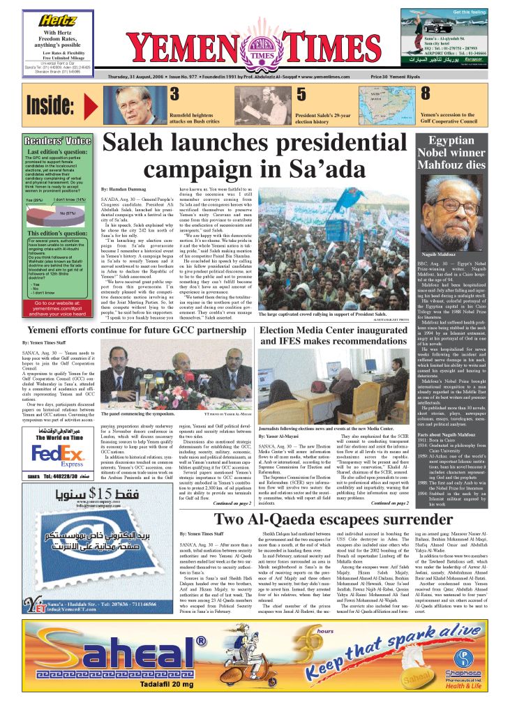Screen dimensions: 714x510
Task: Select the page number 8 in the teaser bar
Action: coord(424,93)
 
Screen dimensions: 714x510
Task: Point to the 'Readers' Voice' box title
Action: coord(58,140)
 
